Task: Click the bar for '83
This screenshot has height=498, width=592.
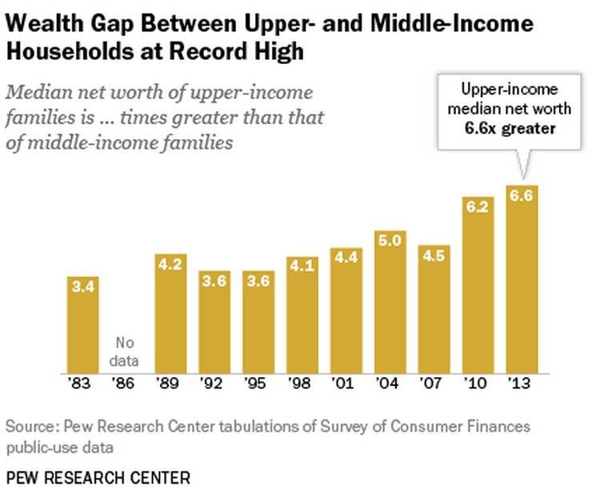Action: (x=82, y=324)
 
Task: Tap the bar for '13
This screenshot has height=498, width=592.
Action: (x=522, y=280)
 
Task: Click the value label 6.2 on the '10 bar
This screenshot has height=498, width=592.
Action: (x=478, y=206)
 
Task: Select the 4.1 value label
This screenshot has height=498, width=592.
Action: (x=302, y=266)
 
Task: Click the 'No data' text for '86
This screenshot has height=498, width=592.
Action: (x=126, y=352)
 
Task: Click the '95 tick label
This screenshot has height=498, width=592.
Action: (x=258, y=384)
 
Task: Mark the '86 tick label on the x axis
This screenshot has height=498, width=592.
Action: (x=126, y=384)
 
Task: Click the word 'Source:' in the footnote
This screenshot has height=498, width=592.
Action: (x=32, y=426)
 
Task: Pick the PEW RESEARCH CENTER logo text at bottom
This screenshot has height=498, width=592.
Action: (x=98, y=478)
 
